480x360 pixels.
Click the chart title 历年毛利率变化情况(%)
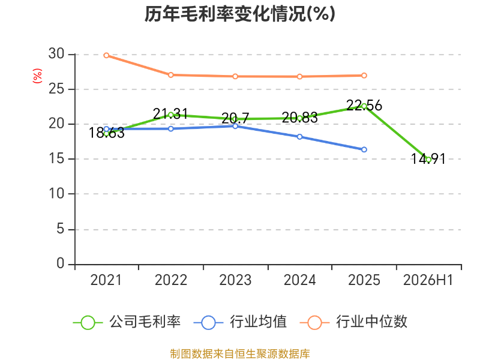click(239, 14)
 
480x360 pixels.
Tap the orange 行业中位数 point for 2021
click(106, 55)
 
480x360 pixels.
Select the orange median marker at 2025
click(364, 76)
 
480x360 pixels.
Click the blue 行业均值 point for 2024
click(299, 137)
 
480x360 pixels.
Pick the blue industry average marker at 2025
click(364, 149)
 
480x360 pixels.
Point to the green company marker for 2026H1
click(428, 160)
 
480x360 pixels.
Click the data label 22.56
click(364, 106)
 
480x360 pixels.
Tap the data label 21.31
click(170, 114)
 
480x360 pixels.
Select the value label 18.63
click(107, 133)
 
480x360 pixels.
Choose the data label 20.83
click(299, 118)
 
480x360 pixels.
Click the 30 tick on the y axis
click(56, 54)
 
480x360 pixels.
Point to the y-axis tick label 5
click(61, 229)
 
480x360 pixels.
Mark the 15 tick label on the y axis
click(56, 158)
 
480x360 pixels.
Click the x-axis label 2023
click(235, 280)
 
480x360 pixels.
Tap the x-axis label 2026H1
click(428, 280)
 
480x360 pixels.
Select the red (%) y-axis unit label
click(37, 76)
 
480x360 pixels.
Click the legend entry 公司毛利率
click(127, 322)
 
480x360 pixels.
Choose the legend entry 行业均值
click(241, 322)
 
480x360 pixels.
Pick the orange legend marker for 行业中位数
click(314, 323)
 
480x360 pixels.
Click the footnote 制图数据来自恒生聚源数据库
click(239, 354)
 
